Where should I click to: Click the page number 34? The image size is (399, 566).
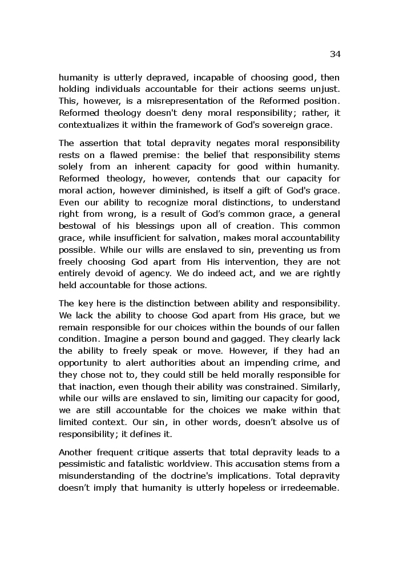point(334,54)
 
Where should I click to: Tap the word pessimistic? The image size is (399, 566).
point(87,464)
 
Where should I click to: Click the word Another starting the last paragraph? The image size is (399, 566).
point(77,452)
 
